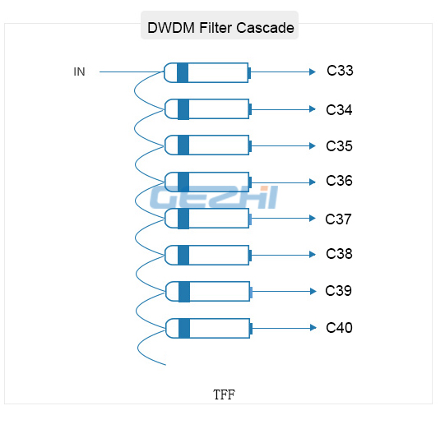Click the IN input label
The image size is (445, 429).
pyautogui.click(x=79, y=71)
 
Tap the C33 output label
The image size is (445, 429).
pyautogui.click(x=340, y=71)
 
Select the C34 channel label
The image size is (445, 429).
pyautogui.click(x=339, y=110)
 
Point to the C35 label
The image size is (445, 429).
pyautogui.click(x=339, y=146)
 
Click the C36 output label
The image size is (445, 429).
pyautogui.click(x=339, y=181)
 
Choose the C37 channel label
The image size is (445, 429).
pyautogui.click(x=338, y=219)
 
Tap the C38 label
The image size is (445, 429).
pyautogui.click(x=339, y=254)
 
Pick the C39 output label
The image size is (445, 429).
pyautogui.click(x=338, y=291)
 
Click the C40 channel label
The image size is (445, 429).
pyautogui.click(x=339, y=328)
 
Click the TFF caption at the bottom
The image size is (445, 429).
pyautogui.click(x=224, y=394)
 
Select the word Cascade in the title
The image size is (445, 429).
pyautogui.click(x=265, y=28)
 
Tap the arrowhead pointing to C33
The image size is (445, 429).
pyautogui.click(x=313, y=71)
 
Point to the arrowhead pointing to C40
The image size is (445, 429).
pyautogui.click(x=313, y=328)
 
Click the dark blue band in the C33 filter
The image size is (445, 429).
pyautogui.click(x=183, y=72)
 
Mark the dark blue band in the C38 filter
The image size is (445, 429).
pyautogui.click(x=183, y=256)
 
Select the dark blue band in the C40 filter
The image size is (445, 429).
pyautogui.click(x=184, y=329)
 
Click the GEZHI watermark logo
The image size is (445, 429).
pyautogui.click(x=214, y=197)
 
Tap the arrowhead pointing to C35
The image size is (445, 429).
pyautogui.click(x=313, y=145)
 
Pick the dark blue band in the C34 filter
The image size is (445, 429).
pyautogui.click(x=183, y=109)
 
